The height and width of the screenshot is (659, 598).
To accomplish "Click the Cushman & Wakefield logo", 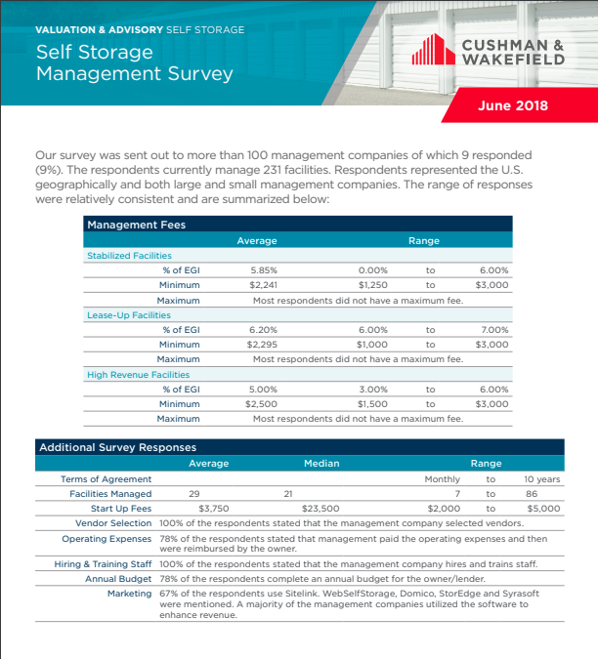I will point(489,52).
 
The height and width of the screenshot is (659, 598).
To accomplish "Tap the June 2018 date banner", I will point(512,105).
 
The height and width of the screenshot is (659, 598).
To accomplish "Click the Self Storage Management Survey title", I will point(134,62).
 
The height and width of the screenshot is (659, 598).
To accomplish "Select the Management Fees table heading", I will point(136,225).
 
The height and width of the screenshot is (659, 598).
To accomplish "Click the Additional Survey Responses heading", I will point(117,447).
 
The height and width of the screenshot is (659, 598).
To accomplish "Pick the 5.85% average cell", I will point(264,270).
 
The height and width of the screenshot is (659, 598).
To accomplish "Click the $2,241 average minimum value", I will point(264,285).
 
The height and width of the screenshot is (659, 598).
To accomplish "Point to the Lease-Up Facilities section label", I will point(128,315).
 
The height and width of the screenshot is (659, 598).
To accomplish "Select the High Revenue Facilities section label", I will point(138,374).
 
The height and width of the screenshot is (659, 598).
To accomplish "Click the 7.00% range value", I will point(494,330).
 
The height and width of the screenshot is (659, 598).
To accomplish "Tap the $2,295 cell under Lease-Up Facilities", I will point(262,345).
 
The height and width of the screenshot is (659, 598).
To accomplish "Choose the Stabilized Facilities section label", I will point(129,256).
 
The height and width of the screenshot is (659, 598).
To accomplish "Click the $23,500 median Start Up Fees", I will point(320,509).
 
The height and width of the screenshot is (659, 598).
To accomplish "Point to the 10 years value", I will point(541,479).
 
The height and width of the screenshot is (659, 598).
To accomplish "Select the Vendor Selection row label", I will point(113,523).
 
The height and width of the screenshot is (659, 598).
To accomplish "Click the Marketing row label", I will point(129,594).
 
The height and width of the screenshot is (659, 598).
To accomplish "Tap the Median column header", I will point(321,463).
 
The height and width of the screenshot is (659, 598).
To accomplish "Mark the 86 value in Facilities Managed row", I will point(531,494).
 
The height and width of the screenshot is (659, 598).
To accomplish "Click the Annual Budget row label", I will point(118,579).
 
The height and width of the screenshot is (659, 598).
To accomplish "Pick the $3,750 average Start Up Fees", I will point(213,509).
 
